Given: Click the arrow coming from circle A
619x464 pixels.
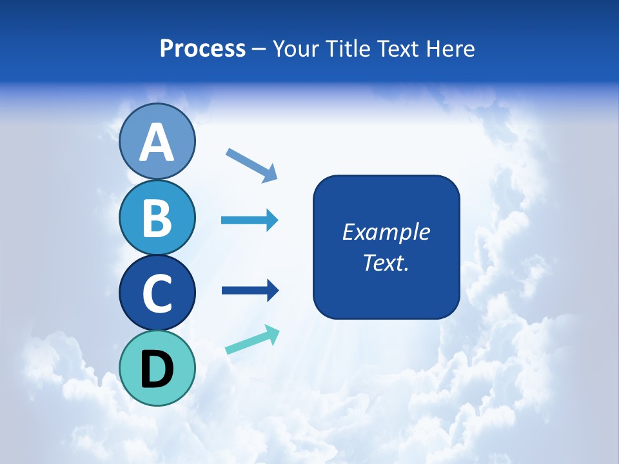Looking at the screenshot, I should point(251,164).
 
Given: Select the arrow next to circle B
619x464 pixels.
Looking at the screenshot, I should point(250,220).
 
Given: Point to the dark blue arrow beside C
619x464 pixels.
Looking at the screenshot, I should point(250,291).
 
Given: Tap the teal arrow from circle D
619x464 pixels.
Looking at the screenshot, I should point(252,340).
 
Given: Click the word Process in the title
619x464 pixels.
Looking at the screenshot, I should point(202,49).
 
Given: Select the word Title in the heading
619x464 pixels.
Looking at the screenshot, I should point(344,49).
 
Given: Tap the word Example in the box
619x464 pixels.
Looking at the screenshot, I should point(386,232).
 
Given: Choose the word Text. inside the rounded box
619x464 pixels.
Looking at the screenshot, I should point(386,262).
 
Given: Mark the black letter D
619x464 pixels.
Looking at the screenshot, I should point(157,369).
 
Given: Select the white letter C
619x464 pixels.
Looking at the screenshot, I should point(157,293).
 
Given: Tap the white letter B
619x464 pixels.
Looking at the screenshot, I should point(157,217).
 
